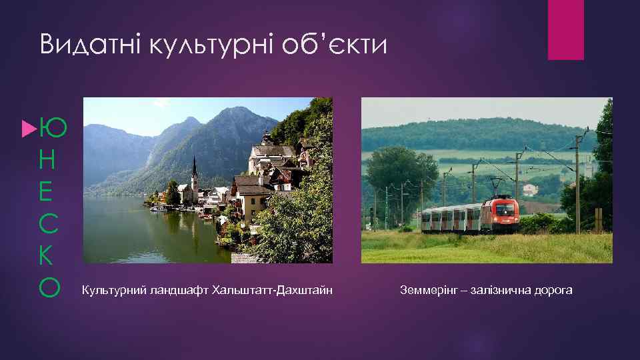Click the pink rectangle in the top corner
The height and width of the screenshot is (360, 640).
(x=565, y=29)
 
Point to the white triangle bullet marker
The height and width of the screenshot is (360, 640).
(x=28, y=125)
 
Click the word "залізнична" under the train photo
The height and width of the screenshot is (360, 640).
(x=501, y=291)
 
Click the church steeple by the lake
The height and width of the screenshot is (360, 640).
(x=194, y=171)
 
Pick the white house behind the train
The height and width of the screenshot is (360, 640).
(x=530, y=189)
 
